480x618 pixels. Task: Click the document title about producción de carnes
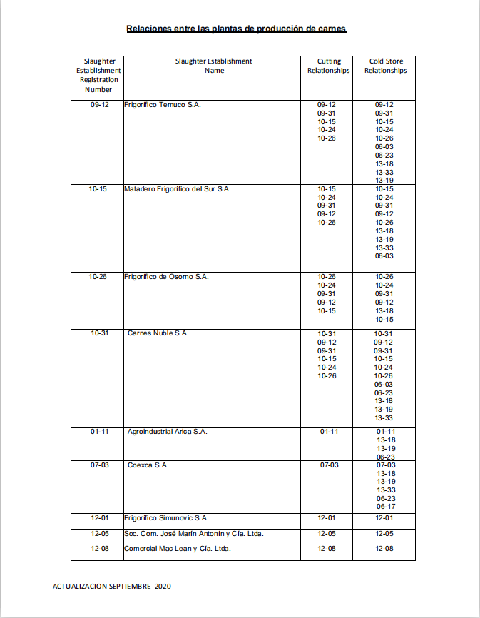(236, 29)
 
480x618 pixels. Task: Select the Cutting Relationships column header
(328, 66)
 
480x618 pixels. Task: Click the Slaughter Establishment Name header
(214, 66)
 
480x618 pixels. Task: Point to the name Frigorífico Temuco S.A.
(163, 105)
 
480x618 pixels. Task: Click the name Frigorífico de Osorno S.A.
(166, 277)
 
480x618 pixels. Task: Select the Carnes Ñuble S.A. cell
(158, 333)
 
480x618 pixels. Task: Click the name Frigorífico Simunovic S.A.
(166, 518)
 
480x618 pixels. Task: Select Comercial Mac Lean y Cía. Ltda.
(177, 549)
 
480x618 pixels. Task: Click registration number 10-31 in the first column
(99, 333)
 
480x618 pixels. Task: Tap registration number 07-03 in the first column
(99, 465)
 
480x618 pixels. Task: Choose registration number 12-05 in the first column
(99, 534)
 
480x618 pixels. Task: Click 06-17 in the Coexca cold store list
(385, 507)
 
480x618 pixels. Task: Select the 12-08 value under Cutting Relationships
(327, 549)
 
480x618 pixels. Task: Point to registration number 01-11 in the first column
(99, 432)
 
